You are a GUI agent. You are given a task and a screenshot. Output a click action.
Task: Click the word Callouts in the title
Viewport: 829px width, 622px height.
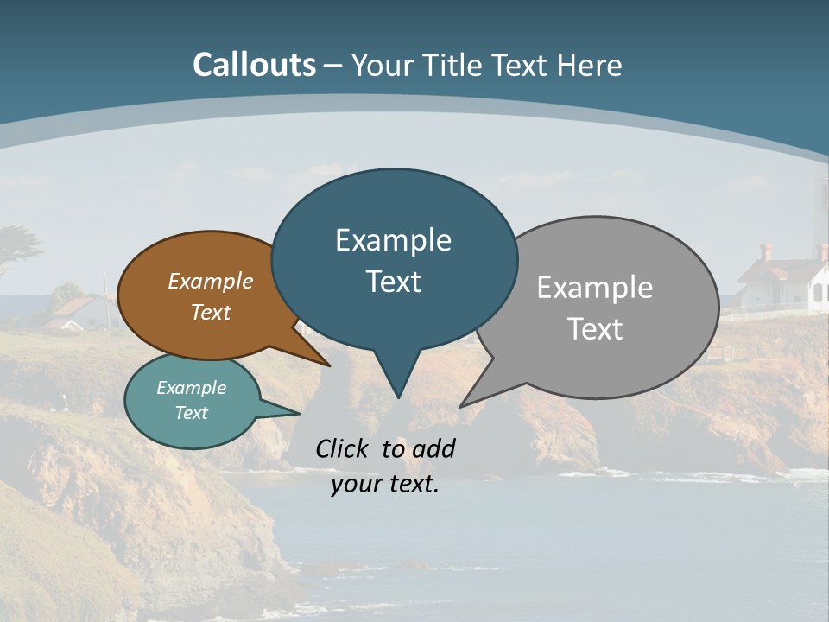pyautogui.click(x=254, y=65)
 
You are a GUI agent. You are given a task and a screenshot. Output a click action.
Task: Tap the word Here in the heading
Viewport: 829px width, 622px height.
pyautogui.click(x=590, y=66)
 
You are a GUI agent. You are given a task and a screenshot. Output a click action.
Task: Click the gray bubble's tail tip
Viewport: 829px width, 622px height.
pyautogui.click(x=461, y=406)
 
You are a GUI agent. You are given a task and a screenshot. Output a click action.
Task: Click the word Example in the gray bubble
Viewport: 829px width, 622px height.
pyautogui.click(x=595, y=288)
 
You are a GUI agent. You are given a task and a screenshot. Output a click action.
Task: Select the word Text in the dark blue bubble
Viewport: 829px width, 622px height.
pyautogui.click(x=394, y=282)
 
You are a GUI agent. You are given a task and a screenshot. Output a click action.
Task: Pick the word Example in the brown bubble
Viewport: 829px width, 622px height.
pyautogui.click(x=211, y=281)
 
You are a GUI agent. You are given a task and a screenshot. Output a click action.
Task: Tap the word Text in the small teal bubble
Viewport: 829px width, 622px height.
pyautogui.click(x=192, y=413)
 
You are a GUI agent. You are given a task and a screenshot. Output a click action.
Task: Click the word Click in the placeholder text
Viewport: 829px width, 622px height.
pyautogui.click(x=345, y=448)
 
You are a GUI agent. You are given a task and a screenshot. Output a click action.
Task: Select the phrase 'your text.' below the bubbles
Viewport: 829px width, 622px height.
pyautogui.click(x=385, y=484)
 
